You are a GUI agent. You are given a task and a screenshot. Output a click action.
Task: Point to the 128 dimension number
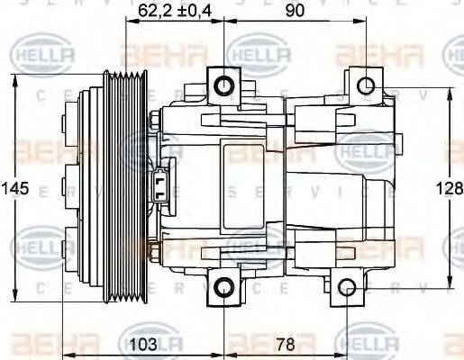(x=448, y=190)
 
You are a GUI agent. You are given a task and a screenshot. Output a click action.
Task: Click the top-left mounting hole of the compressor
(x=223, y=86)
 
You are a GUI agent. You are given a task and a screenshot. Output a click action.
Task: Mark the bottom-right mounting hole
(x=350, y=287)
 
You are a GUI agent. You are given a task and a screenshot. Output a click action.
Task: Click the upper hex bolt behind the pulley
(x=155, y=118)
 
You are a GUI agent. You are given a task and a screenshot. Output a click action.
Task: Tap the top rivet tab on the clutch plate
(x=69, y=118)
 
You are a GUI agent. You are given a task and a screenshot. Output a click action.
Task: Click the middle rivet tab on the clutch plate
(x=69, y=187)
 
